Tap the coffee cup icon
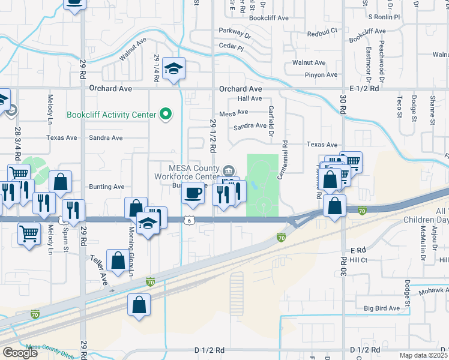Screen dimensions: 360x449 (x=193, y=193)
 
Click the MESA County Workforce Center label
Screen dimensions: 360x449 (x=186, y=172)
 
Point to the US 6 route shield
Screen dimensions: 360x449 (x=189, y=220)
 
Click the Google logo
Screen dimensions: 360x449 (x=20, y=353)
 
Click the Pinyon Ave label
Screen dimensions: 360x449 (x=322, y=75)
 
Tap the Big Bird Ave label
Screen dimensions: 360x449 (x=381, y=308)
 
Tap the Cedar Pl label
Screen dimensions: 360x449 (x=232, y=47)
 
